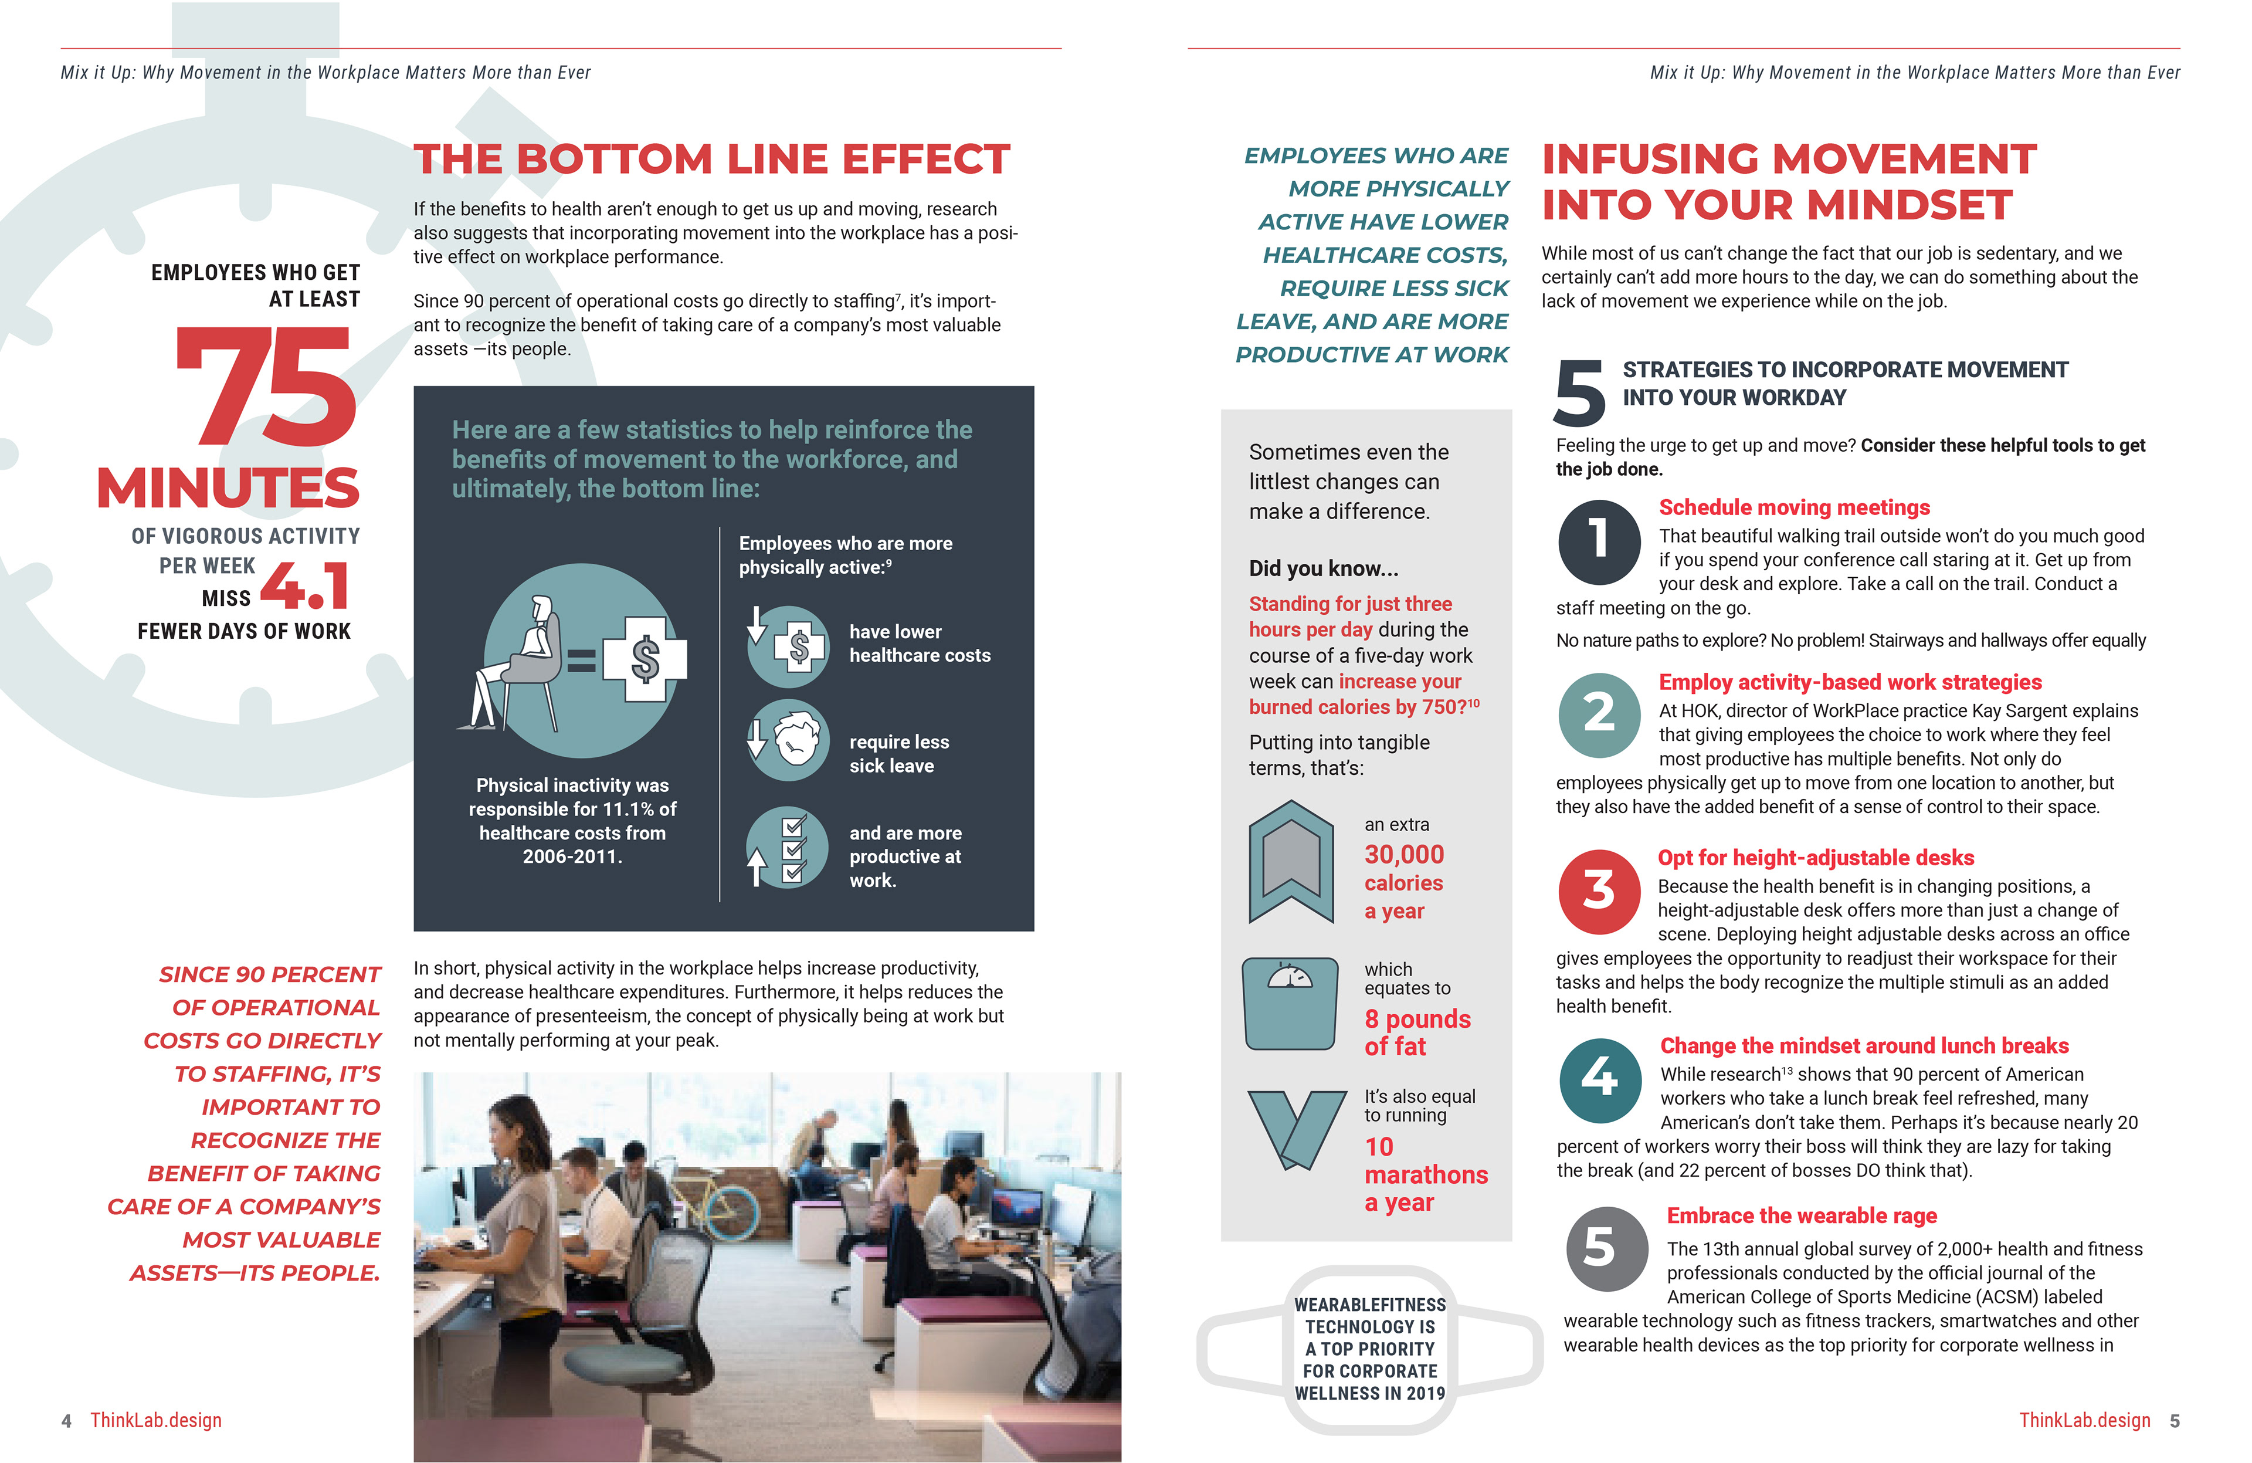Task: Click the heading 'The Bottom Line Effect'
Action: point(711,159)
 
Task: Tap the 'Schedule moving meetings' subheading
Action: point(1793,507)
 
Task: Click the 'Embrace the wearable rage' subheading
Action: point(1800,1215)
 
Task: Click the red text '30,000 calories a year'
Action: point(1403,882)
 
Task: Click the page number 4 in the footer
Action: point(66,1420)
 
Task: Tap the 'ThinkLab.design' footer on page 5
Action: point(2084,1420)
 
